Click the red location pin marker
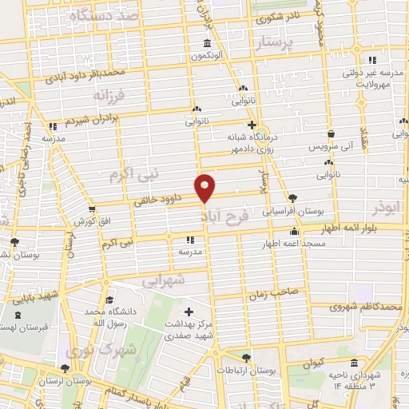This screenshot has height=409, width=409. tap(205, 188)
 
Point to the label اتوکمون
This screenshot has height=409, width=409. tap(207, 56)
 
